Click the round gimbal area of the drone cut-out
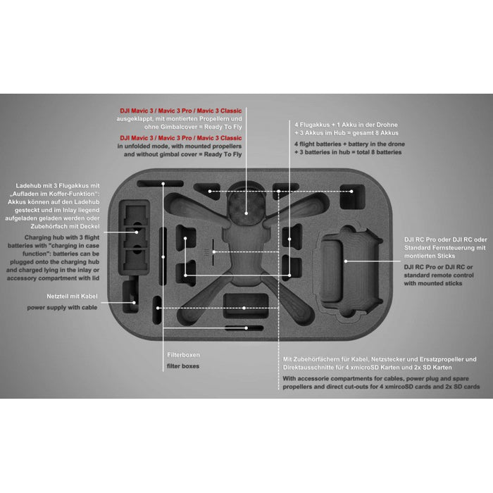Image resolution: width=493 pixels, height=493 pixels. (x=246, y=205)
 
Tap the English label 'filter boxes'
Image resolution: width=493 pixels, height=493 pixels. (x=182, y=366)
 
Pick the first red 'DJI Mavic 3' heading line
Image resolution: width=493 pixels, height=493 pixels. (x=181, y=111)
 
